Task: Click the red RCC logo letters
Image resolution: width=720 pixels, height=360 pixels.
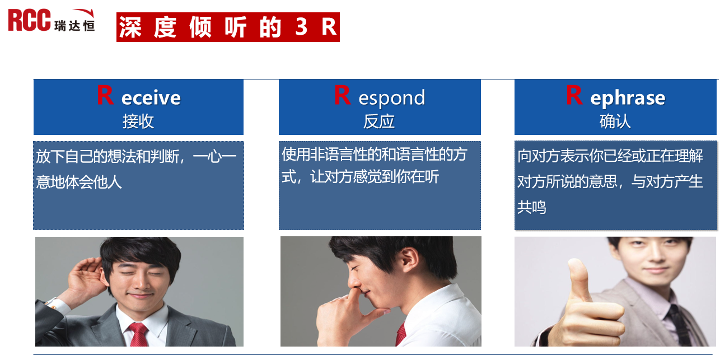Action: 29,20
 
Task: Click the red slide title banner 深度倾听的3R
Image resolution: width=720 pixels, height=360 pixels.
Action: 228,27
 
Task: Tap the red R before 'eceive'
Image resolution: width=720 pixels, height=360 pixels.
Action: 105,95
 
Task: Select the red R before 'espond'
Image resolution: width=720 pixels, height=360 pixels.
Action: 342,95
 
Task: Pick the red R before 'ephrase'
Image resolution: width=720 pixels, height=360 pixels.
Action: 574,95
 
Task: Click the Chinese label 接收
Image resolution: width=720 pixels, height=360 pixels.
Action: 138,121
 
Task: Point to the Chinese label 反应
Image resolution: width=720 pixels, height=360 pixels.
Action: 379,121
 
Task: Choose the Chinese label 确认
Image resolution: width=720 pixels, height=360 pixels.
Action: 615,121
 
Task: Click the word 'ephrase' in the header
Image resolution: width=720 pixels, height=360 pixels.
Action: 628,98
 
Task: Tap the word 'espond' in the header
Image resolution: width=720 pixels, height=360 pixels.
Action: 392,99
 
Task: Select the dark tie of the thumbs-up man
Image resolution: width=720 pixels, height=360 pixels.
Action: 679,325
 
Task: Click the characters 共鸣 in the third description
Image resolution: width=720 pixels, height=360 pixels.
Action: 532,207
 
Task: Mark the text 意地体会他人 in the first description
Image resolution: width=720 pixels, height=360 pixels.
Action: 79,182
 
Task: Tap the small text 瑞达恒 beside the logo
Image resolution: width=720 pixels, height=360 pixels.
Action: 74,26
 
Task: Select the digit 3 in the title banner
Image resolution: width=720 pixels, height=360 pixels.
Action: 301,27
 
